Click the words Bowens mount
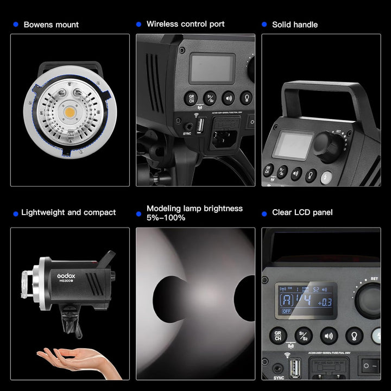(51, 24)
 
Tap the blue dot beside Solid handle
(264, 24)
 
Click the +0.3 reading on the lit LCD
(325, 302)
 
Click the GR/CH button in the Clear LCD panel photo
(278, 336)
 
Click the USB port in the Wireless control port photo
(199, 125)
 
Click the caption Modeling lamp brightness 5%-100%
(194, 213)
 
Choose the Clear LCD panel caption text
(302, 212)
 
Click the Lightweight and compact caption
(68, 212)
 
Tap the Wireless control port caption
(185, 24)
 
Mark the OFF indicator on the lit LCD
(286, 312)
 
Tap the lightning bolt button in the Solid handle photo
(326, 177)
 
